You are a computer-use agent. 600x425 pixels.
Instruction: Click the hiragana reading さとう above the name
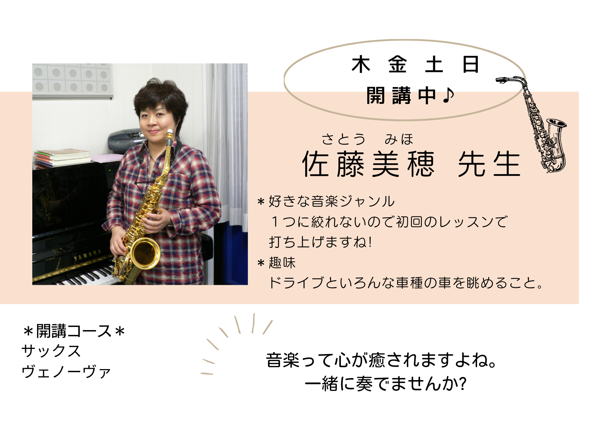click(344, 139)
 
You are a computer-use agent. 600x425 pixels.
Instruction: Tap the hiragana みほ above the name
click(399, 139)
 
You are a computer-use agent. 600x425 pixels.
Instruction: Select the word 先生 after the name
click(489, 165)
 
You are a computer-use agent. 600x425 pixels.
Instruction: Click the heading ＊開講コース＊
click(73, 331)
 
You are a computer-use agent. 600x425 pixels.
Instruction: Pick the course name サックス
click(51, 351)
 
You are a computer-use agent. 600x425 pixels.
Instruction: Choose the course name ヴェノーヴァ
click(66, 372)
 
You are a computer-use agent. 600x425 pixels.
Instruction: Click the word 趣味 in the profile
click(282, 263)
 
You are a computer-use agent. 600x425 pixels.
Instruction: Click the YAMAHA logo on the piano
click(88, 255)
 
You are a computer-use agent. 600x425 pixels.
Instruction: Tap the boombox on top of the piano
click(126, 141)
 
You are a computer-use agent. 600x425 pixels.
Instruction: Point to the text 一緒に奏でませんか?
click(386, 384)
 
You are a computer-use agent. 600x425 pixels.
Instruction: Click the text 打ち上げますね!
click(321, 242)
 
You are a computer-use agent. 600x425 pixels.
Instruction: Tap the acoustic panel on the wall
click(72, 81)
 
